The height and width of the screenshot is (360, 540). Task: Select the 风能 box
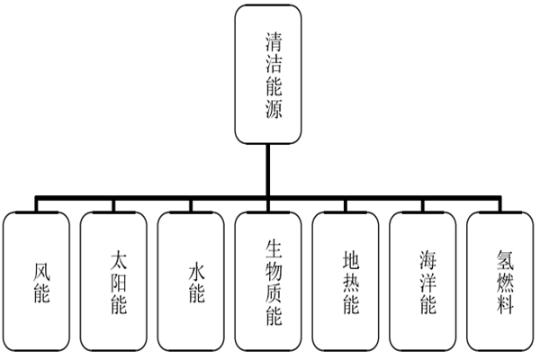[x=35, y=280]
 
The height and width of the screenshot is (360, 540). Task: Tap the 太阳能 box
[x=112, y=280]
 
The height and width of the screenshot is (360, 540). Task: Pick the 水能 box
[x=191, y=280]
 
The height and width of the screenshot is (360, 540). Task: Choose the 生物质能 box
[x=267, y=280]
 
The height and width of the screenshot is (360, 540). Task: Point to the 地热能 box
[x=346, y=280]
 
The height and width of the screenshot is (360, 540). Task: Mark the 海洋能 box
[x=422, y=280]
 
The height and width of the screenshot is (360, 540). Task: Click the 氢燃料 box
[x=500, y=280]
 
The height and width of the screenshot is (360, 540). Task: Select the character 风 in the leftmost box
[x=35, y=267]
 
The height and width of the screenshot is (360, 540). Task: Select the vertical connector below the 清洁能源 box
[x=267, y=169]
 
